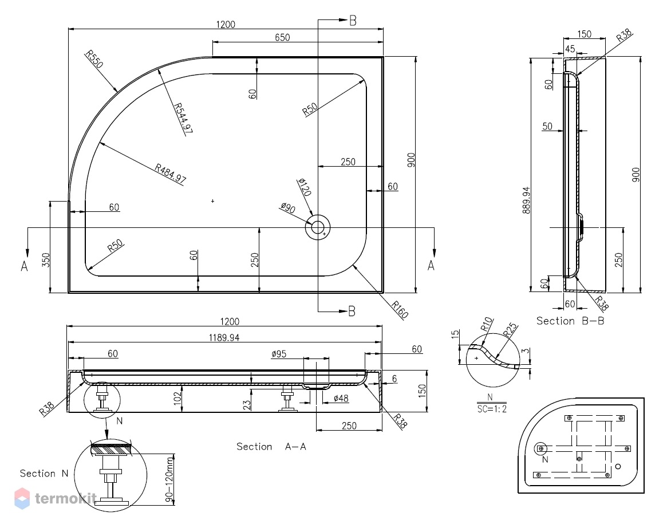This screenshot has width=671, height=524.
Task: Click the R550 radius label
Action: pos(94,59)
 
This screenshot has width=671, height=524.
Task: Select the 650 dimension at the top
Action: pos(282,37)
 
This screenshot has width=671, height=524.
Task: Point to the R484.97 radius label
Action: pos(171,174)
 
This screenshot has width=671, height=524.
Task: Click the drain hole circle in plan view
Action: pos(317,227)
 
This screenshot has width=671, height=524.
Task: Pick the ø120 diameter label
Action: pos(304,187)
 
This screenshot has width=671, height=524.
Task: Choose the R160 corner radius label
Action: pos(400,309)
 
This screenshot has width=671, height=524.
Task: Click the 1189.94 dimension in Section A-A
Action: pos(224,338)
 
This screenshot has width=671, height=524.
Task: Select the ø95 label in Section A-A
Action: pos(279,354)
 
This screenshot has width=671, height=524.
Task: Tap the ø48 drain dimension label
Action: pos(341,399)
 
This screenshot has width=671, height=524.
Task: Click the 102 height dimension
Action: pos(177,398)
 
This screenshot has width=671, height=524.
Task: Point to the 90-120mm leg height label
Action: pos(169,479)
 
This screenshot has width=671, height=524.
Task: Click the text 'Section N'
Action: pos(44,474)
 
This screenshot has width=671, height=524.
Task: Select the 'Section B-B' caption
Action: pos(570,321)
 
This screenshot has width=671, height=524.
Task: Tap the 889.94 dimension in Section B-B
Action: pos(526,200)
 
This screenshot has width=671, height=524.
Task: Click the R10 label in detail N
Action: pos(487,325)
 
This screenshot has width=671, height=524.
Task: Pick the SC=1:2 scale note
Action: pos(492,409)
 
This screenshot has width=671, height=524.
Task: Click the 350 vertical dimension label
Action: pos(46,261)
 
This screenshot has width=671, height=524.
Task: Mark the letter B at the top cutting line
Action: pos(353,21)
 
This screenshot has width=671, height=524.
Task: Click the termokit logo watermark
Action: pos(55,498)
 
